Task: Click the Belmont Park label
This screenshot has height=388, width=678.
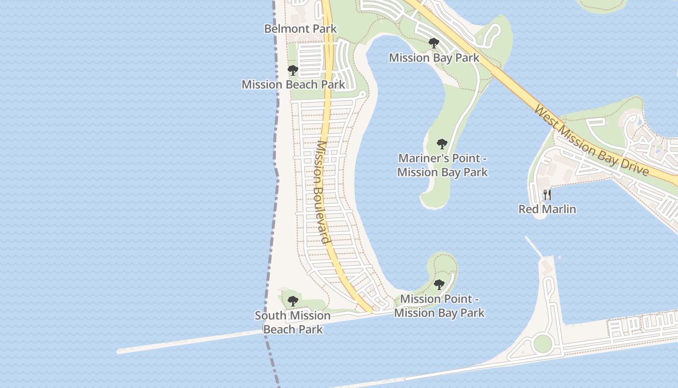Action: pyautogui.click(x=300, y=29)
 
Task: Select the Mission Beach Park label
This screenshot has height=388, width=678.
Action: pyautogui.click(x=293, y=84)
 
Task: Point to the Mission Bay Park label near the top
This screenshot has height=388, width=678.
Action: pyautogui.click(x=434, y=58)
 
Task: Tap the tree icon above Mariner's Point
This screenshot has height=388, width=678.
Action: pyautogui.click(x=442, y=144)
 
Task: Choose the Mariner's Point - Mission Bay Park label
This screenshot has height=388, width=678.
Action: pyautogui.click(x=442, y=165)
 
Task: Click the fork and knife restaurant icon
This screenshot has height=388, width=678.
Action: pyautogui.click(x=547, y=195)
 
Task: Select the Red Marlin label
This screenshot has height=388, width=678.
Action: pyautogui.click(x=547, y=209)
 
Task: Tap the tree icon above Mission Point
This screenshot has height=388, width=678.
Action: pyautogui.click(x=439, y=285)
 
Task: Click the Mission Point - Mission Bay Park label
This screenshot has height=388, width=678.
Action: pyautogui.click(x=439, y=306)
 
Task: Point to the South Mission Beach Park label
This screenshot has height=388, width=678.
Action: pyautogui.click(x=293, y=323)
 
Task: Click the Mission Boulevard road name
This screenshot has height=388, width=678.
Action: pyautogui.click(x=322, y=192)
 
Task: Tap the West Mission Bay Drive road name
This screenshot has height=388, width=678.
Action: pyautogui.click(x=591, y=141)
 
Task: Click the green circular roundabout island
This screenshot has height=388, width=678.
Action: pyautogui.click(x=542, y=343)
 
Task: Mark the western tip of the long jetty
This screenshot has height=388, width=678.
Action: pyautogui.click(x=120, y=351)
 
